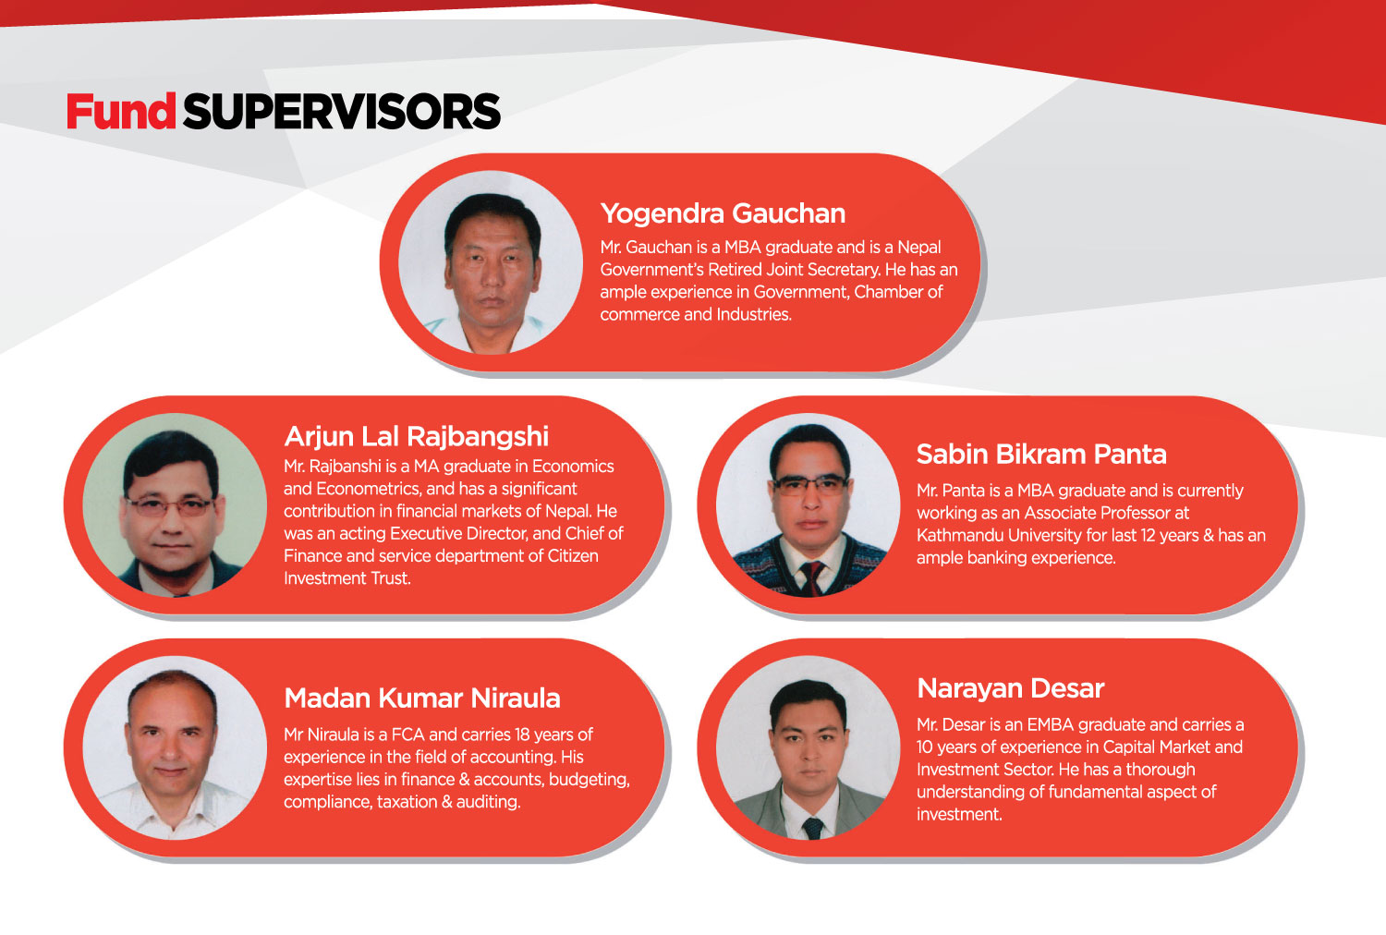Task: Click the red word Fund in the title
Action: pos(121,112)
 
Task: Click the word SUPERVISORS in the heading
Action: pos(342,112)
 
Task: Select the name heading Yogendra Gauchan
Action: pos(723,213)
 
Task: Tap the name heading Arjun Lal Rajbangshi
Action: pos(417,437)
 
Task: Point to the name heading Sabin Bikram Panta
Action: pos(1041,455)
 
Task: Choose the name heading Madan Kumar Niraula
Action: pos(422,698)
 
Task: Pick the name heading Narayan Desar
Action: pos(1011,688)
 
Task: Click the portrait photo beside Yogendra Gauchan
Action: pos(491,262)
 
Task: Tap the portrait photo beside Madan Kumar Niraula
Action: pos(175,747)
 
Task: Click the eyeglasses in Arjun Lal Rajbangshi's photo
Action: pos(169,507)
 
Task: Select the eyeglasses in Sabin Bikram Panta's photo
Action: pos(810,484)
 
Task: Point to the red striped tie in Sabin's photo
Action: pos(811,578)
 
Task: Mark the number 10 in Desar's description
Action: pos(925,747)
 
